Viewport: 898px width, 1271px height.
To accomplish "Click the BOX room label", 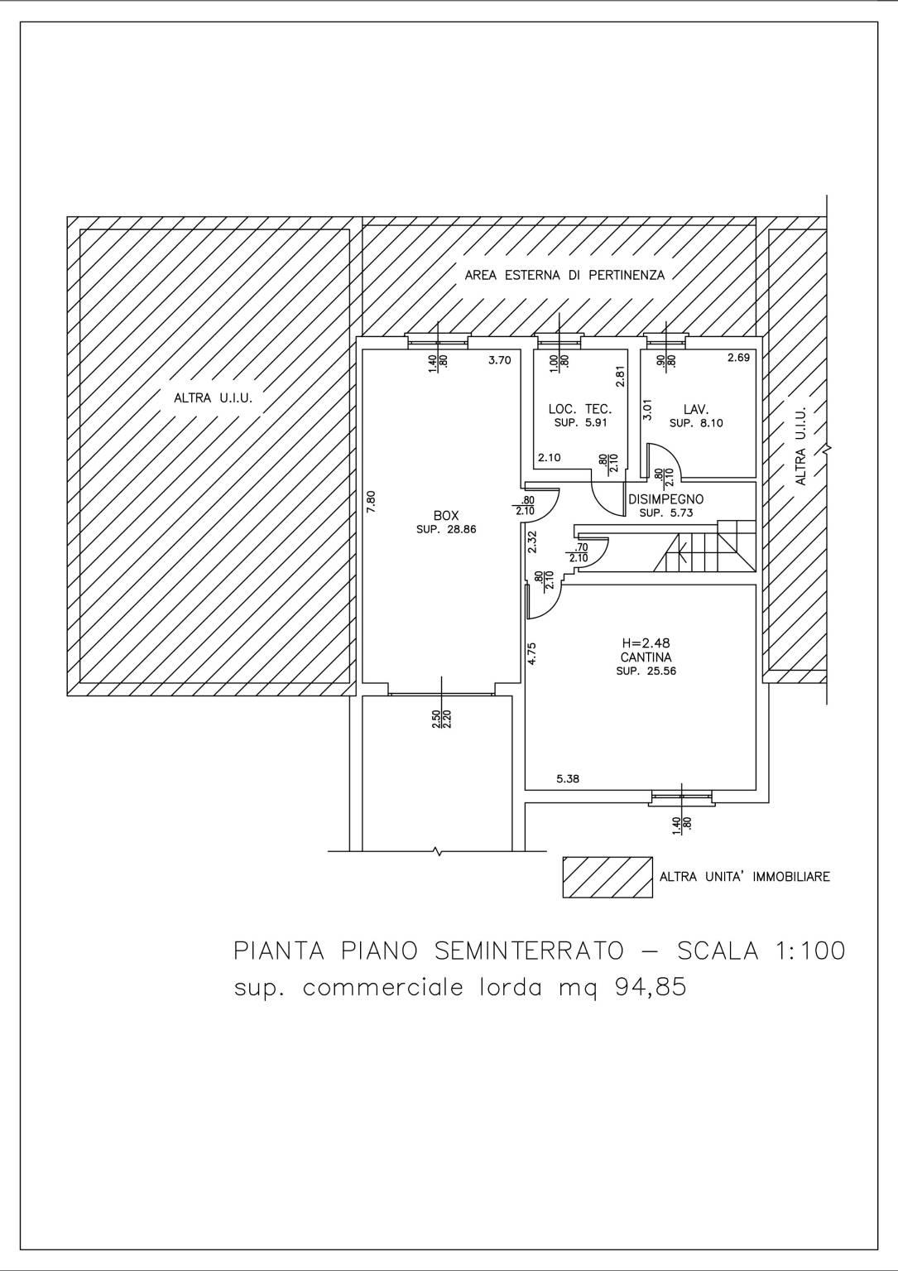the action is point(446,516).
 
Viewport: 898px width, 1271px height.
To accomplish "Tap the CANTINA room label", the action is point(646,657).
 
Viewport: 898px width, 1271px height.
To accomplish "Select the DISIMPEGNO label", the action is point(666,499).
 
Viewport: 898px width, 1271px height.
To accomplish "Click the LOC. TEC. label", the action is point(580,409).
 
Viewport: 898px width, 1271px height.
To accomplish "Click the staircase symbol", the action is point(706,546).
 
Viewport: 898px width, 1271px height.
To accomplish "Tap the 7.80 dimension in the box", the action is point(372,502).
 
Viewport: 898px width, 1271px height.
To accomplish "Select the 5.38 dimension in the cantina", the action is point(568,779).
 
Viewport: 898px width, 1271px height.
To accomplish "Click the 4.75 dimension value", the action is point(531,652).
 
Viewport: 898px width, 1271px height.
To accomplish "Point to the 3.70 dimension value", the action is point(500,359).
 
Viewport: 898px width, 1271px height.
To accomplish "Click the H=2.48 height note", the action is point(646,643).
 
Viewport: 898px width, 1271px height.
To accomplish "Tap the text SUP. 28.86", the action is point(446,530).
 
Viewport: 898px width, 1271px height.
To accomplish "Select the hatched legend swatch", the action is point(607,877).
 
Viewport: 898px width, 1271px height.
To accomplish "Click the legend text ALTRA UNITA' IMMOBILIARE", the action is point(745,877).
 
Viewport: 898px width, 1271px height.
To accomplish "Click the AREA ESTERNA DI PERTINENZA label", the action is point(564,276).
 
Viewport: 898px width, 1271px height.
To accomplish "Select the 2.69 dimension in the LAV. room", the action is point(739,358).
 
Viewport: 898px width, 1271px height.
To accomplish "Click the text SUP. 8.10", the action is point(697,423).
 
